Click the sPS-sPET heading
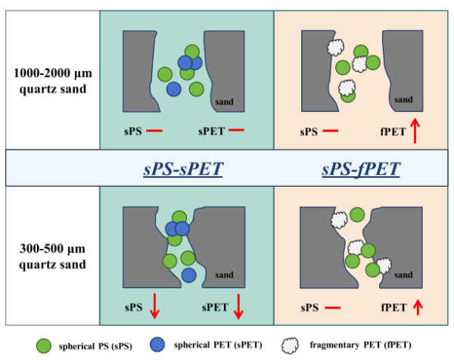click(x=183, y=168)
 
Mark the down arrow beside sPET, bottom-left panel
click(x=239, y=307)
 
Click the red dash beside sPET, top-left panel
click(x=236, y=132)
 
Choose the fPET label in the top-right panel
click(x=390, y=132)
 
